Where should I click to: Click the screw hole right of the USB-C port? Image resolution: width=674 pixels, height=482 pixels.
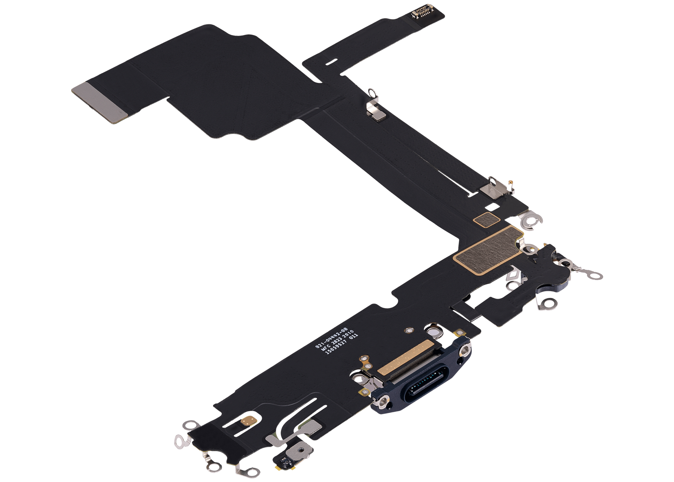tap(465, 351)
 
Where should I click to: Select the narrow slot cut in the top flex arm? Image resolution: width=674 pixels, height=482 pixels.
tap(330, 60)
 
